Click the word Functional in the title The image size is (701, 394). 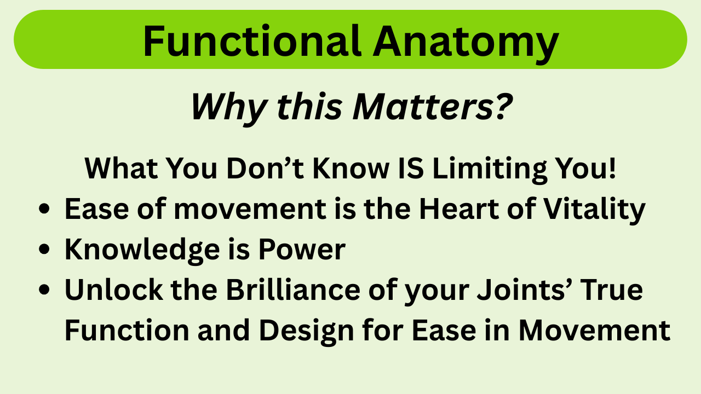252,41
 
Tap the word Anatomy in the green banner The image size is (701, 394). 466,44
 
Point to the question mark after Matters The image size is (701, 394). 503,106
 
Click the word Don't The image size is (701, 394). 265,168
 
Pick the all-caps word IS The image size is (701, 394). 411,168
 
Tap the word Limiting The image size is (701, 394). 490,170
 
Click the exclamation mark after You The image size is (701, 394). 612,168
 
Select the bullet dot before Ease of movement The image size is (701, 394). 44,208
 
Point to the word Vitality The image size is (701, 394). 595,210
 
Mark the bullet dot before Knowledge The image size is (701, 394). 44,249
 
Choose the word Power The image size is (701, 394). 302,249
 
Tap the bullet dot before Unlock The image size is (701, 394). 44,289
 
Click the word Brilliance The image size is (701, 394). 293,289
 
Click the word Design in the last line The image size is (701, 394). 306,332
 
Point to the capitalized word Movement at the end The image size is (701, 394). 594,330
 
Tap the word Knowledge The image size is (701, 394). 142,251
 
